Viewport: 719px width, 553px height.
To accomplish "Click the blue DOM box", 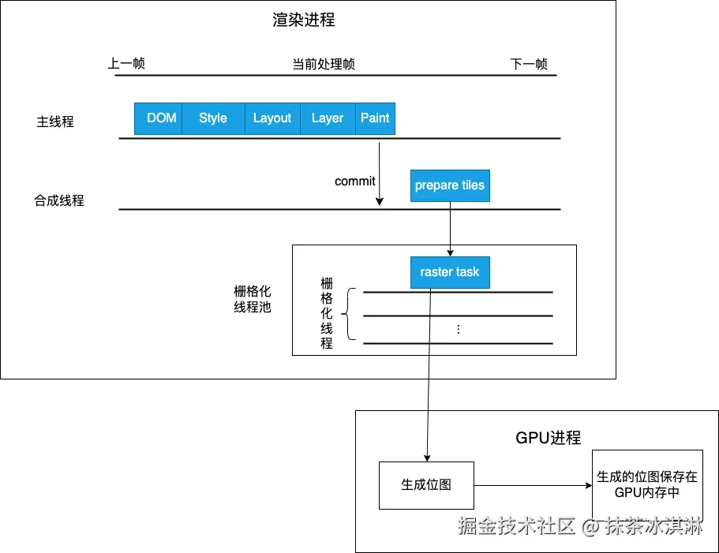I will click(x=161, y=118).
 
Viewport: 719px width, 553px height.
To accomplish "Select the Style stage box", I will click(x=213, y=118).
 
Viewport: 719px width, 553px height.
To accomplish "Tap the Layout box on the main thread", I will click(x=272, y=118).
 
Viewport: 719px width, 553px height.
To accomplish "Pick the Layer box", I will click(x=328, y=118).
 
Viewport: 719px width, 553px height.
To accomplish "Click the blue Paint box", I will click(x=375, y=118).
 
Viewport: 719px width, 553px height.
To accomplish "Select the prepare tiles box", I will click(x=450, y=185).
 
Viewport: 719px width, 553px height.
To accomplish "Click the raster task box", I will click(x=450, y=271).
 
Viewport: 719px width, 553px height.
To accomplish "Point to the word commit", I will click(x=354, y=181).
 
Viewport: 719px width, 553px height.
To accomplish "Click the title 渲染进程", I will click(x=304, y=21).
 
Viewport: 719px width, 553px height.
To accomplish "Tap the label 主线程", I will click(x=55, y=122).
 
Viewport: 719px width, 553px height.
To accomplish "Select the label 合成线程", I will click(x=59, y=201).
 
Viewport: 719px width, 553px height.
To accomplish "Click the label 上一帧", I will click(x=126, y=64).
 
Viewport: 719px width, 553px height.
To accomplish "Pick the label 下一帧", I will click(x=529, y=64).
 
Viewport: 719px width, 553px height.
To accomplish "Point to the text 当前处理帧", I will click(x=324, y=64).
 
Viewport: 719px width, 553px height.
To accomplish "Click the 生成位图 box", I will click(x=426, y=485).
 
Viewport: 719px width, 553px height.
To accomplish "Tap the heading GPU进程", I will click(x=549, y=438).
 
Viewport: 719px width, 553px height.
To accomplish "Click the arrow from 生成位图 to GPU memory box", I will click(x=533, y=485).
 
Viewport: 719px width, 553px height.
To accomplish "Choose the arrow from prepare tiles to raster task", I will click(x=450, y=229).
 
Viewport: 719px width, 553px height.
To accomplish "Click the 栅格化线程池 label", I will click(x=253, y=299).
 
